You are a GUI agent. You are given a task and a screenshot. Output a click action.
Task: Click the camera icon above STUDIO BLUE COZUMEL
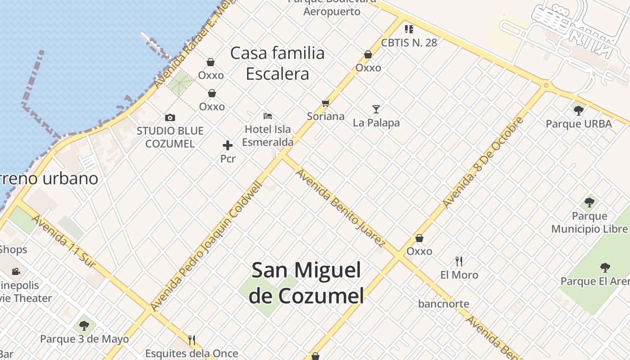point(170,118)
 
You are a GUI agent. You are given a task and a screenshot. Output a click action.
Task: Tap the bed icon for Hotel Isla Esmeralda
point(268,116)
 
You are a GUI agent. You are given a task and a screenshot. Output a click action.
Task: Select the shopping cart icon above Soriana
point(326,103)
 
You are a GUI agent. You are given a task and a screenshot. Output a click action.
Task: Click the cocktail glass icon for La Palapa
point(376,109)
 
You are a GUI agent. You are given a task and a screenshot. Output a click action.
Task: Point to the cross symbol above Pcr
point(228,145)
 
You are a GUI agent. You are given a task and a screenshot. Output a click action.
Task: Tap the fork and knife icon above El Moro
point(459,261)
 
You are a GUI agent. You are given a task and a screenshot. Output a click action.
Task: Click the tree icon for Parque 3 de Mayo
point(84,325)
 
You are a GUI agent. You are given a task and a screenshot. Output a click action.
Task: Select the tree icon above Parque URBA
point(579,110)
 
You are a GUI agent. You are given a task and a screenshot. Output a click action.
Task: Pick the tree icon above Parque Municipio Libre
point(589,202)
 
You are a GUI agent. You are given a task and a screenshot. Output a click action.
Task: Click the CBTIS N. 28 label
point(409,43)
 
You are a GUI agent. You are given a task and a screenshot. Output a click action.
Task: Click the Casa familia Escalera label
point(277,63)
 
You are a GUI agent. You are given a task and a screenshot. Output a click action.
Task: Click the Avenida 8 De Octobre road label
point(483,162)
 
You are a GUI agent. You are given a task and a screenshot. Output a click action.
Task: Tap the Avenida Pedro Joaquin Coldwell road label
point(207,246)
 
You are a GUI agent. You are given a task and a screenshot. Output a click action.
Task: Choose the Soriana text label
point(326,116)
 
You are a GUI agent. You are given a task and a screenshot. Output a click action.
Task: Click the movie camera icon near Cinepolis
point(16,271)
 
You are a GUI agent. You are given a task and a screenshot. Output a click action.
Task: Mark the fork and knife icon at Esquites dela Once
point(192,340)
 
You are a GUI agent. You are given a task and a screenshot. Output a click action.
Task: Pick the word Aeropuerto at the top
point(332,12)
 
